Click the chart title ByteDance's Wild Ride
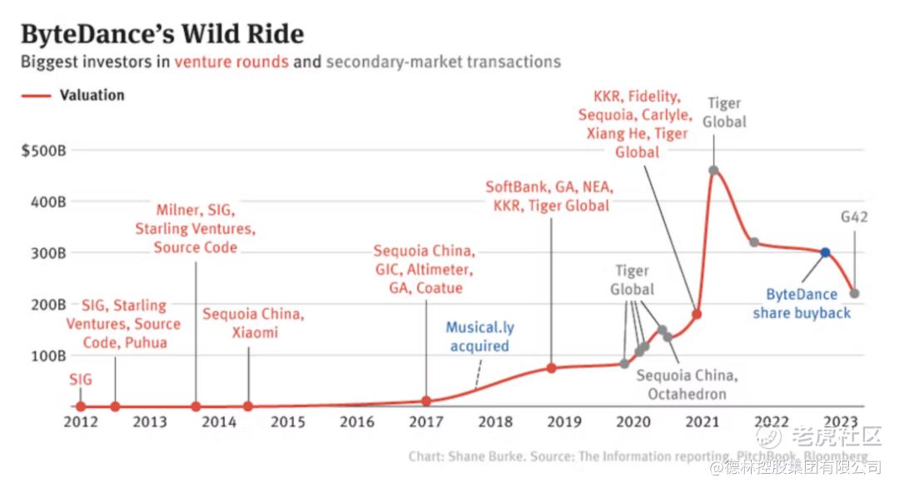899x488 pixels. (x=161, y=34)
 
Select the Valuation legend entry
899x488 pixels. (x=92, y=95)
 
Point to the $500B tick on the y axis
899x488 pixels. (x=44, y=151)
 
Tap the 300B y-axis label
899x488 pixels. (x=47, y=252)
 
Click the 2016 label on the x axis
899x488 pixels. (x=356, y=421)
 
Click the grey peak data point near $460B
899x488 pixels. (x=713, y=170)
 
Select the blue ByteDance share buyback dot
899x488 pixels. (x=825, y=252)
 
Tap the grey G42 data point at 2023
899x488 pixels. (x=854, y=293)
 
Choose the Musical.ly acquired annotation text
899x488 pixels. (x=479, y=336)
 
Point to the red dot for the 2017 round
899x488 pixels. (x=426, y=401)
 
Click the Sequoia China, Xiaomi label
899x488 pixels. (x=253, y=323)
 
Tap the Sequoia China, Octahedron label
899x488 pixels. (x=687, y=385)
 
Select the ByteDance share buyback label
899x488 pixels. (x=802, y=303)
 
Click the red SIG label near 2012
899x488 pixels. (x=81, y=380)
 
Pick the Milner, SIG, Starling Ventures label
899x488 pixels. (x=196, y=228)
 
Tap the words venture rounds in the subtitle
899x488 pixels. (x=231, y=62)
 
